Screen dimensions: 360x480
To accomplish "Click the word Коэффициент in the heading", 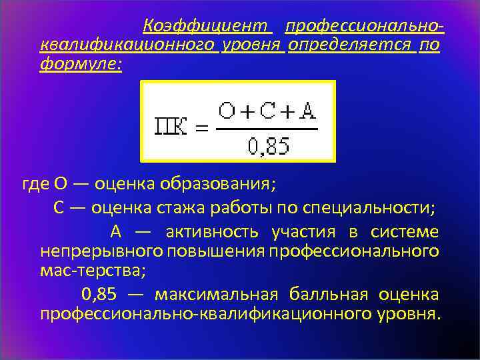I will pos(207,27).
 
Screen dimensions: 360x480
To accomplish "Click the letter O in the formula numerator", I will pos(228,111).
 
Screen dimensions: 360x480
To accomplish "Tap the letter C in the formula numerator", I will pos(267,111).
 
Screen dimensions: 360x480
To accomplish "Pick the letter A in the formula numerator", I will pos(307,111).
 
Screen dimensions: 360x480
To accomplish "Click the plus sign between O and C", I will pos(247,112).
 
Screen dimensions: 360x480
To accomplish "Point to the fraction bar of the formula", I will pos(266,128).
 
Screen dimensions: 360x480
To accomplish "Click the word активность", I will pos(211,232).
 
